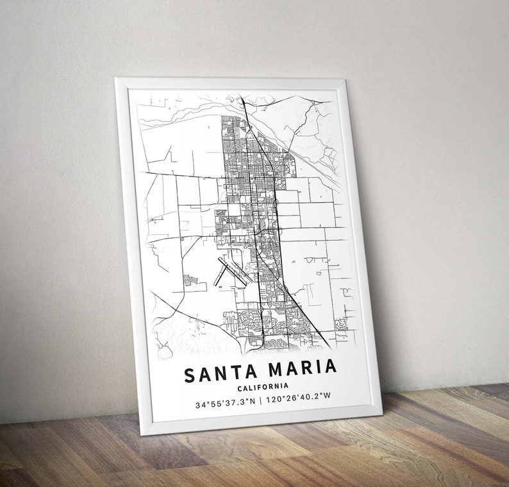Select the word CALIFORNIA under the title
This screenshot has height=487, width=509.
tap(262, 386)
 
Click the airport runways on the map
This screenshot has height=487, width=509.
tap(230, 272)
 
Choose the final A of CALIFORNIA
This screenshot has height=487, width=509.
tap(286, 386)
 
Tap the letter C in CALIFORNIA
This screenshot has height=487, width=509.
tap(239, 387)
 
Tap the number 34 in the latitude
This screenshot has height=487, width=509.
tap(200, 405)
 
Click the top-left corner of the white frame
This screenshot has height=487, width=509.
tap(115, 78)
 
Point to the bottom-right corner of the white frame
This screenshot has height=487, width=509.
tap(382, 413)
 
